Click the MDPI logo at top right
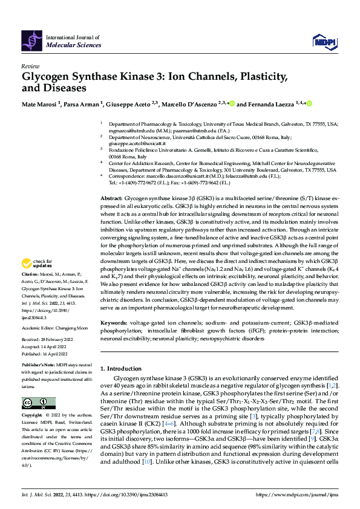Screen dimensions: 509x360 point(324,41)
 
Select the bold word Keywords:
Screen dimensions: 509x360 point(114,323)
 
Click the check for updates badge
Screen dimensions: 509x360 point(36,280)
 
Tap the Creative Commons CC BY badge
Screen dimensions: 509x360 point(34,403)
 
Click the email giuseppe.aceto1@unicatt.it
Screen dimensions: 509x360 point(129,143)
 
